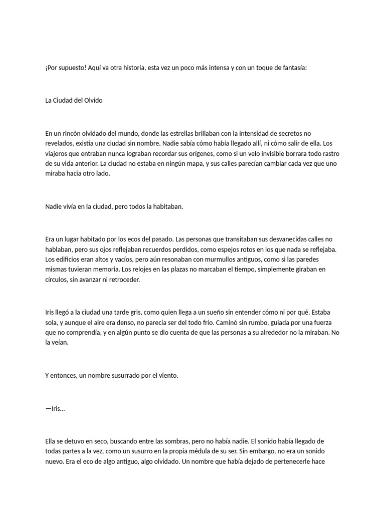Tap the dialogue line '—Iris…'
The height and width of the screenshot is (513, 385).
click(55, 408)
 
